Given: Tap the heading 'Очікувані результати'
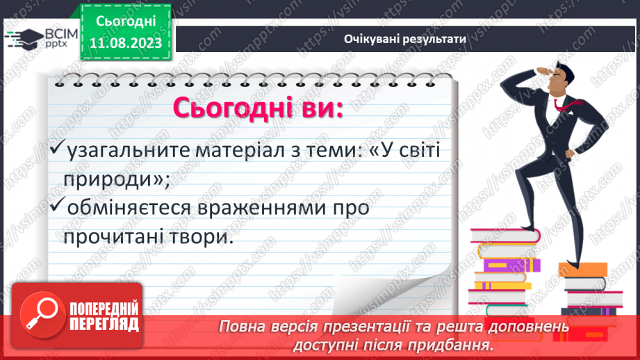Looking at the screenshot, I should (404, 39).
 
